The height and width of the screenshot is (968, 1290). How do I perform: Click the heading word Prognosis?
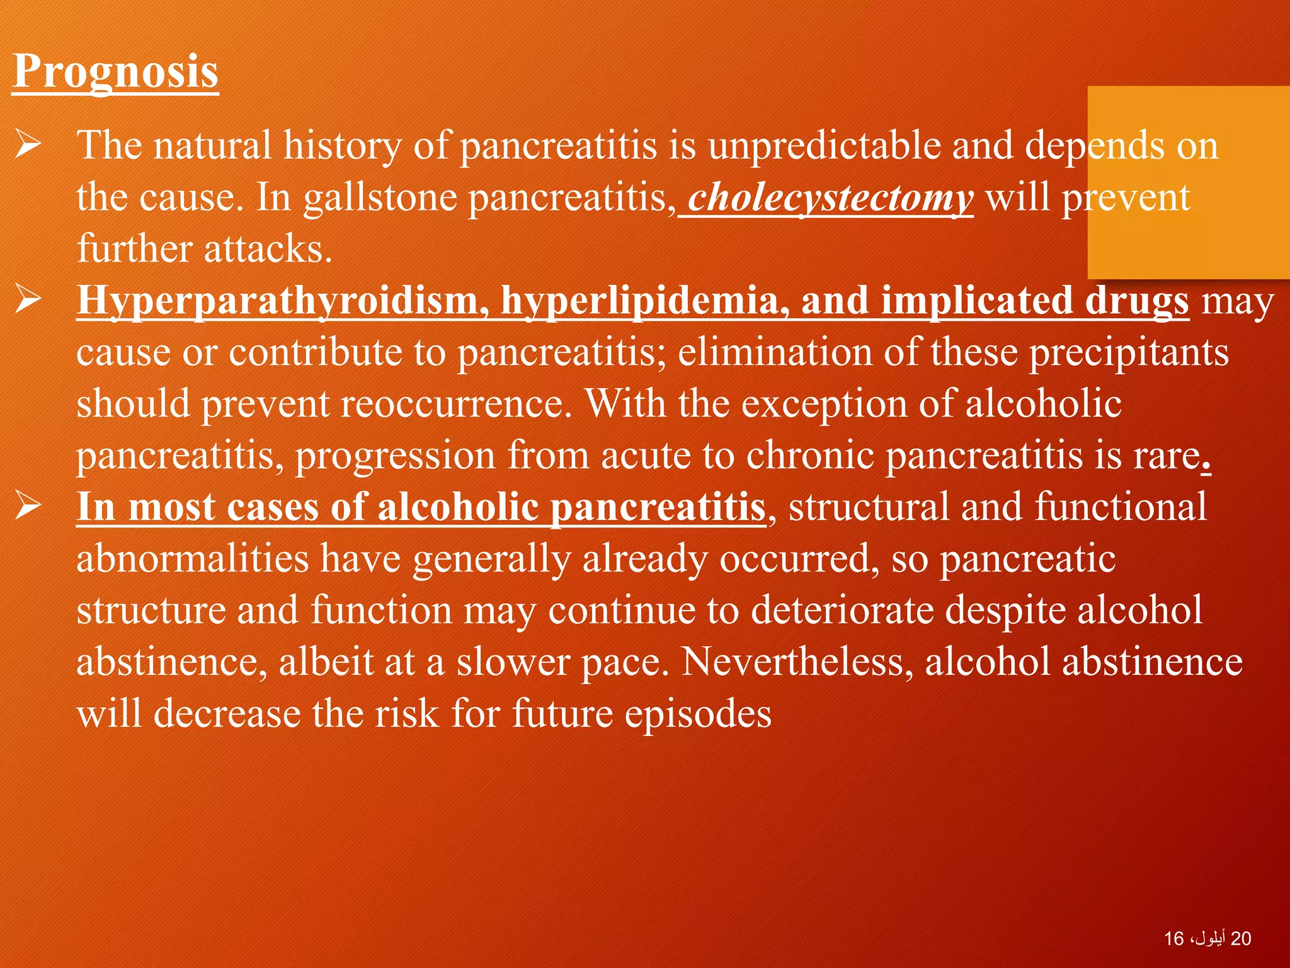(115, 71)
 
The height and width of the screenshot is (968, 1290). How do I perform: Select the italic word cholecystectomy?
(830, 198)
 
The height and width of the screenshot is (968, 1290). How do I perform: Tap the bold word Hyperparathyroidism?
(283, 301)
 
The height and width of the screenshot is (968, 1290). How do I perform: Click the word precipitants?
(1129, 353)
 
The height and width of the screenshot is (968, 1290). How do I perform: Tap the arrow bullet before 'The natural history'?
(29, 145)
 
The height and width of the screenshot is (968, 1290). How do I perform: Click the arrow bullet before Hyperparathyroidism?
(29, 300)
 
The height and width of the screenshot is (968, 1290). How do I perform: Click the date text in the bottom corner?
(1207, 938)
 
